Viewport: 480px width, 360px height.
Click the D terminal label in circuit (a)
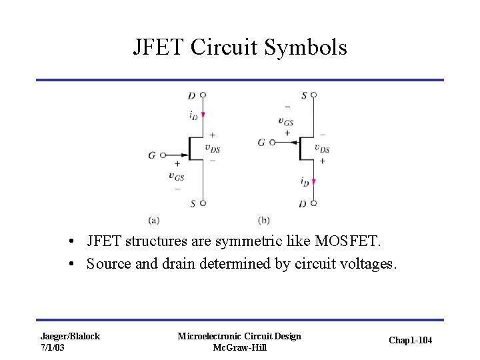coord(191,95)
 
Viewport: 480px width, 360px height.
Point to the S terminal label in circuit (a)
coord(192,203)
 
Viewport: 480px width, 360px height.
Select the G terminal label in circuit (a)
coord(153,155)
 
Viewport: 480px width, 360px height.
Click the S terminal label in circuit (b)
coord(304,95)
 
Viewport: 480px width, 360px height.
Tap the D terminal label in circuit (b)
coord(303,203)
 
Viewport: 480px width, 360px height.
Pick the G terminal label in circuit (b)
coord(261,142)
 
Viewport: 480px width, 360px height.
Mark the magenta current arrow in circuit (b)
coord(313,181)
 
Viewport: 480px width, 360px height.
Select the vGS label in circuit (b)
coord(287,121)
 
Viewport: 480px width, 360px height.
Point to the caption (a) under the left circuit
coord(154,220)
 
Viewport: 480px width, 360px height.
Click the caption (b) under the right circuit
coord(264,220)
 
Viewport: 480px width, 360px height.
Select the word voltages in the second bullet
coord(367,264)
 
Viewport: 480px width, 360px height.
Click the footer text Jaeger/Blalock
coord(70,336)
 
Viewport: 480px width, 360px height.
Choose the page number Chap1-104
coord(409,341)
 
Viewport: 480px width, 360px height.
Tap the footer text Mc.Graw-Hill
coord(239,347)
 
